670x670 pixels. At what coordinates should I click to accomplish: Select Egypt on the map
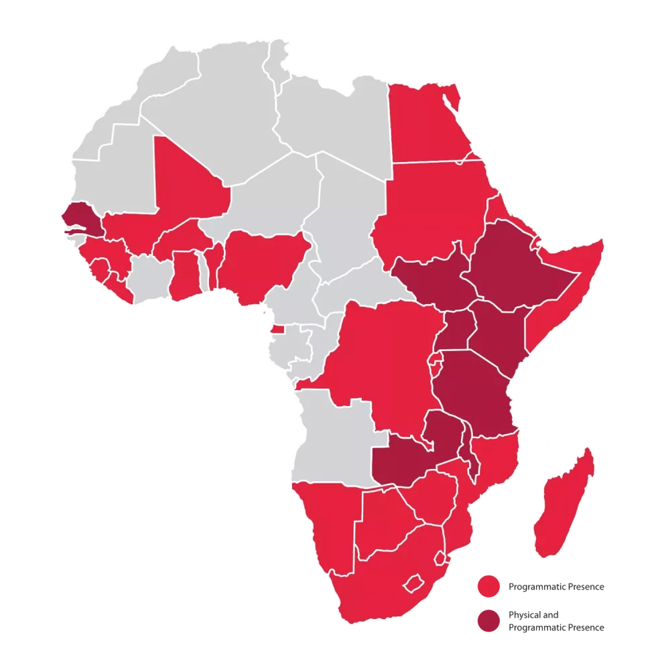[x=425, y=124]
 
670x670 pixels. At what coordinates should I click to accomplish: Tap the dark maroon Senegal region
[x=79, y=216]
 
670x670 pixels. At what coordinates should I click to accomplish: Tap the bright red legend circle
[x=489, y=586]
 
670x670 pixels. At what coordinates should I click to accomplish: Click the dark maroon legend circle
[x=489, y=620]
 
